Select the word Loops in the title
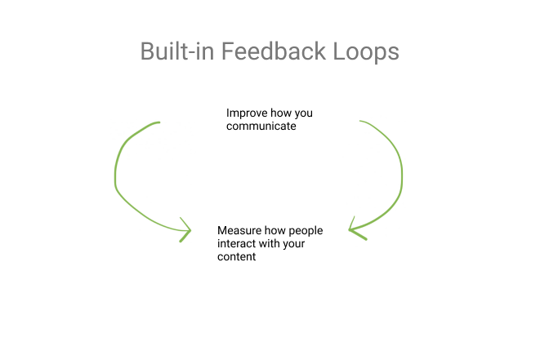(x=366, y=52)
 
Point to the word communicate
(x=261, y=127)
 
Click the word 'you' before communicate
(x=303, y=113)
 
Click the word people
(x=306, y=232)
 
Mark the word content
(x=237, y=256)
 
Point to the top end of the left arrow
(x=158, y=122)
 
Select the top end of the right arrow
(x=361, y=122)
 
